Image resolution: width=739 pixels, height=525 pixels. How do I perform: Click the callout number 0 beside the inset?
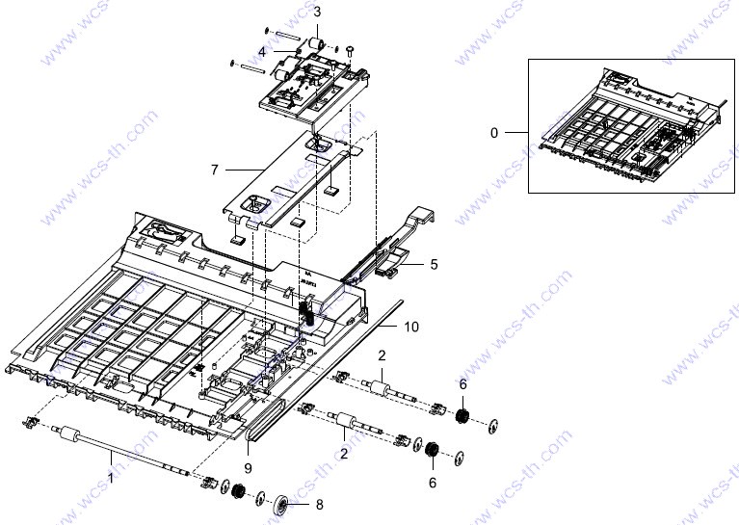[494, 133]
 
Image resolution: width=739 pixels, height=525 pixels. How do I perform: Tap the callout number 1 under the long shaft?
[111, 479]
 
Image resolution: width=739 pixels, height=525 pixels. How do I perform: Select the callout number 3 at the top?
[317, 12]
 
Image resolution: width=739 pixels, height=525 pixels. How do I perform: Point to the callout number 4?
[262, 51]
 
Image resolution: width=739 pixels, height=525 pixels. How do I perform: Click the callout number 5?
[435, 264]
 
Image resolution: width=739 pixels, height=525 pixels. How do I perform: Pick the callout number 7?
[215, 170]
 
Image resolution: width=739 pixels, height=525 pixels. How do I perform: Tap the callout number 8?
[320, 505]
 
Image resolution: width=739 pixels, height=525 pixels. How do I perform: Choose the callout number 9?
[248, 468]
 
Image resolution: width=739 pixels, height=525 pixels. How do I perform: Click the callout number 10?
[411, 327]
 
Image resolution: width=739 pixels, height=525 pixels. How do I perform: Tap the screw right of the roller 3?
[351, 50]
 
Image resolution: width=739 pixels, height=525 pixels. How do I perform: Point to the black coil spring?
[307, 313]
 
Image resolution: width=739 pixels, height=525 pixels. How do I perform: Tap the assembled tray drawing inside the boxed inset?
[631, 126]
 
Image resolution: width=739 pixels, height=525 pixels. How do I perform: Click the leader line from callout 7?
[244, 170]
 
